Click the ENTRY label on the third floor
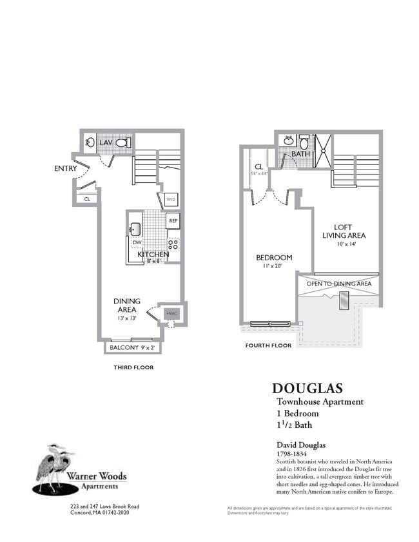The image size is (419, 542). (66, 169)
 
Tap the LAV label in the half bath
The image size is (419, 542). (106, 142)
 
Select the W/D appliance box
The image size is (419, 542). (171, 200)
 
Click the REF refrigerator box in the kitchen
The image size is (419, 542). (173, 220)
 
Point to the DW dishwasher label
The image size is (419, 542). (136, 243)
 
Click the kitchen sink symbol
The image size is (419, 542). (135, 229)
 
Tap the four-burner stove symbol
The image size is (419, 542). (173, 244)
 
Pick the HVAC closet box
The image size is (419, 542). (171, 314)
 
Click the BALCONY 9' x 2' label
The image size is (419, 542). (133, 348)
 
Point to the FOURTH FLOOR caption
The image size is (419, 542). (268, 345)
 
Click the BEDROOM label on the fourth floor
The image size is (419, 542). (274, 261)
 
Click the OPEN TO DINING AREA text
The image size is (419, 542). (338, 284)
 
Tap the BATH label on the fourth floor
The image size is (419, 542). (300, 155)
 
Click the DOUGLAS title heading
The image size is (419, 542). (307, 388)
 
